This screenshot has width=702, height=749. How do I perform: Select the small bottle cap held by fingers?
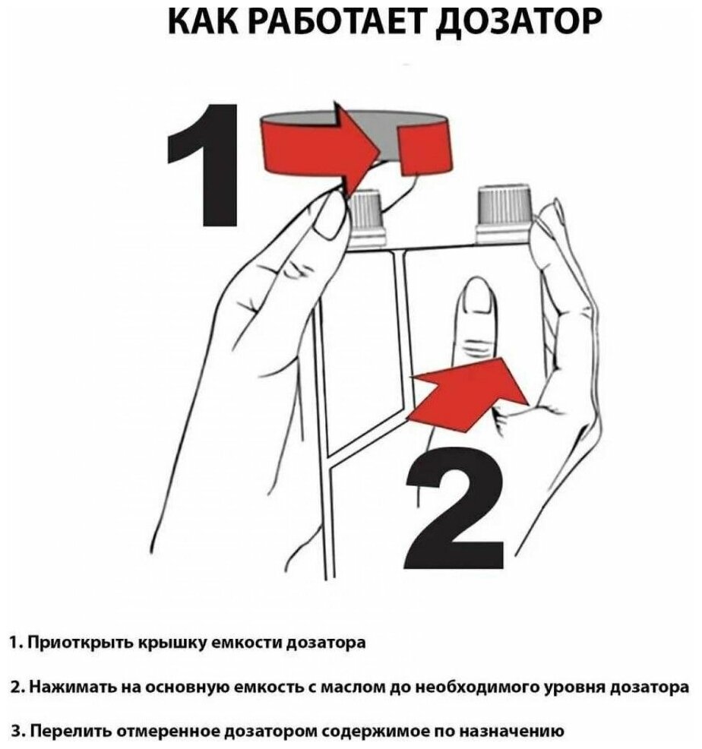[x=367, y=219]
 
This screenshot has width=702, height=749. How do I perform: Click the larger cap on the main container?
[x=503, y=214]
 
